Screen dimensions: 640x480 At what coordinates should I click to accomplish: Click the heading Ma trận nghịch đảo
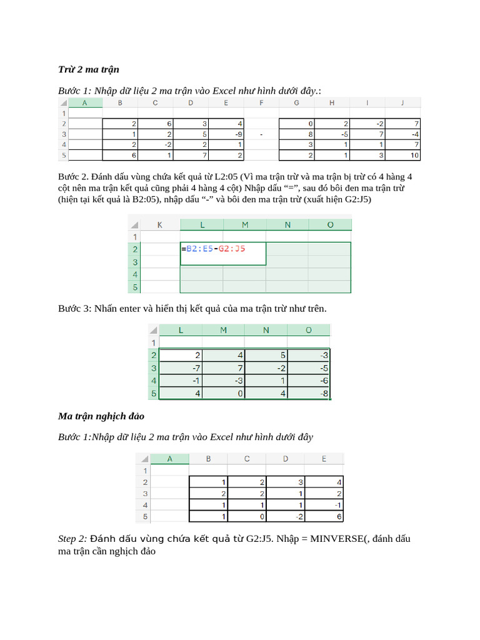coord(101,416)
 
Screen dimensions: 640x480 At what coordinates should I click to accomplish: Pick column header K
coord(160,224)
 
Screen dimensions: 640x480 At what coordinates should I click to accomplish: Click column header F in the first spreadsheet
coord(262,103)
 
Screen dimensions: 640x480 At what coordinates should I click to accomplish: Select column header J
coord(403,103)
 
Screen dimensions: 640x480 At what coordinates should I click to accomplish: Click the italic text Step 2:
coord(72,539)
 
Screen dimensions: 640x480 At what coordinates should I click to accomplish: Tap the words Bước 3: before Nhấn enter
coord(75,309)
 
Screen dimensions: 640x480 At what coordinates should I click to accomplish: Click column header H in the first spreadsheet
coord(332,103)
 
